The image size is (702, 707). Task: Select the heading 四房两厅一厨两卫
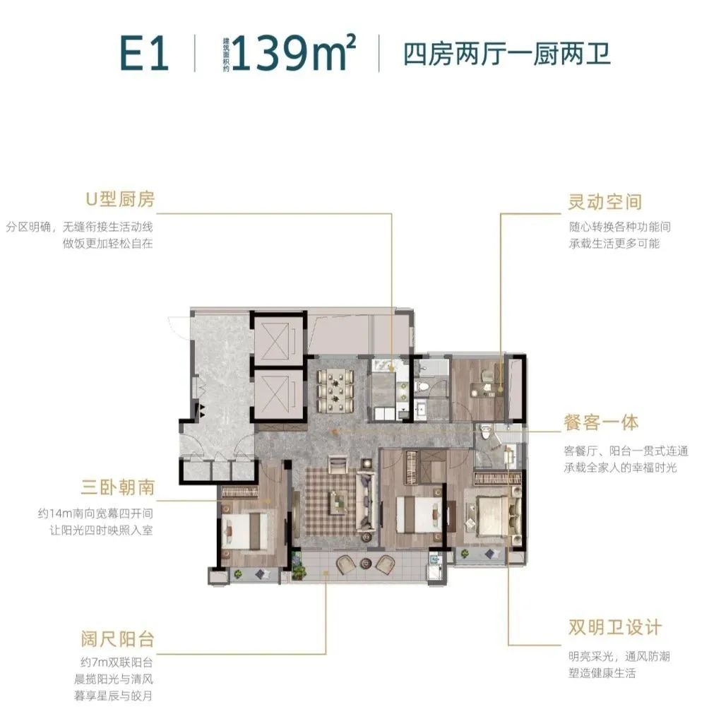(x=506, y=54)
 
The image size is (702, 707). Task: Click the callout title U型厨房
(x=120, y=200)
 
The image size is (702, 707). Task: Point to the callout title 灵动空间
(x=605, y=201)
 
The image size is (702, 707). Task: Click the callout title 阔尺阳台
(x=117, y=641)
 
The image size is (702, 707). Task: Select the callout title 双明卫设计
(x=614, y=627)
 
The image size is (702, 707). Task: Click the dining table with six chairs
(x=335, y=388)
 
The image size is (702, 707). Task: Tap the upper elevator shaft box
(x=279, y=339)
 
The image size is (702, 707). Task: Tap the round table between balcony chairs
(x=367, y=563)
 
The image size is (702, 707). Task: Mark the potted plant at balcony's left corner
(x=299, y=565)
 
